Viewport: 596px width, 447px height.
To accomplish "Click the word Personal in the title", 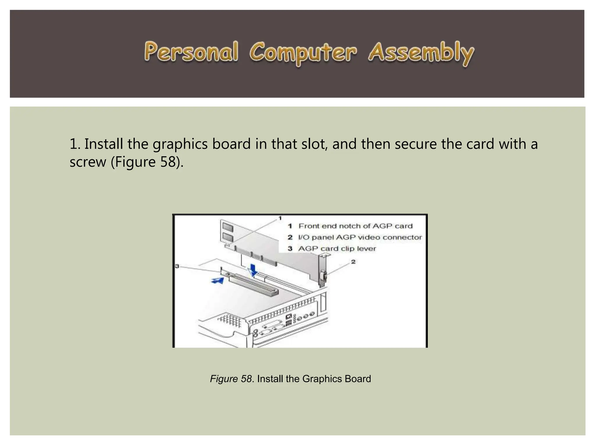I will (191, 52).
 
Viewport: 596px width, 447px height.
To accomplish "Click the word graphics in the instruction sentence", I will (180, 144).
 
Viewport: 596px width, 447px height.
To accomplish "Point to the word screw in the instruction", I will (88, 162).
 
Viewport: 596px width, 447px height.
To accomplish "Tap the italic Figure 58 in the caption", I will (231, 379).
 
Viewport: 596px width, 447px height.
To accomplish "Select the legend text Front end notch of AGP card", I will (355, 226).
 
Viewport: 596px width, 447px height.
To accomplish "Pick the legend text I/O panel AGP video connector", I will (360, 237).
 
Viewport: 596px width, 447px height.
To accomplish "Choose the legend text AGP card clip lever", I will (337, 249).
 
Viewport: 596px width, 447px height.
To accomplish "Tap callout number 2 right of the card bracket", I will (353, 262).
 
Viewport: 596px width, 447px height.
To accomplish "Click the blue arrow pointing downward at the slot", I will (254, 269).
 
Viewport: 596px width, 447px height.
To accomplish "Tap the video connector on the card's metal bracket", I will (322, 275).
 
